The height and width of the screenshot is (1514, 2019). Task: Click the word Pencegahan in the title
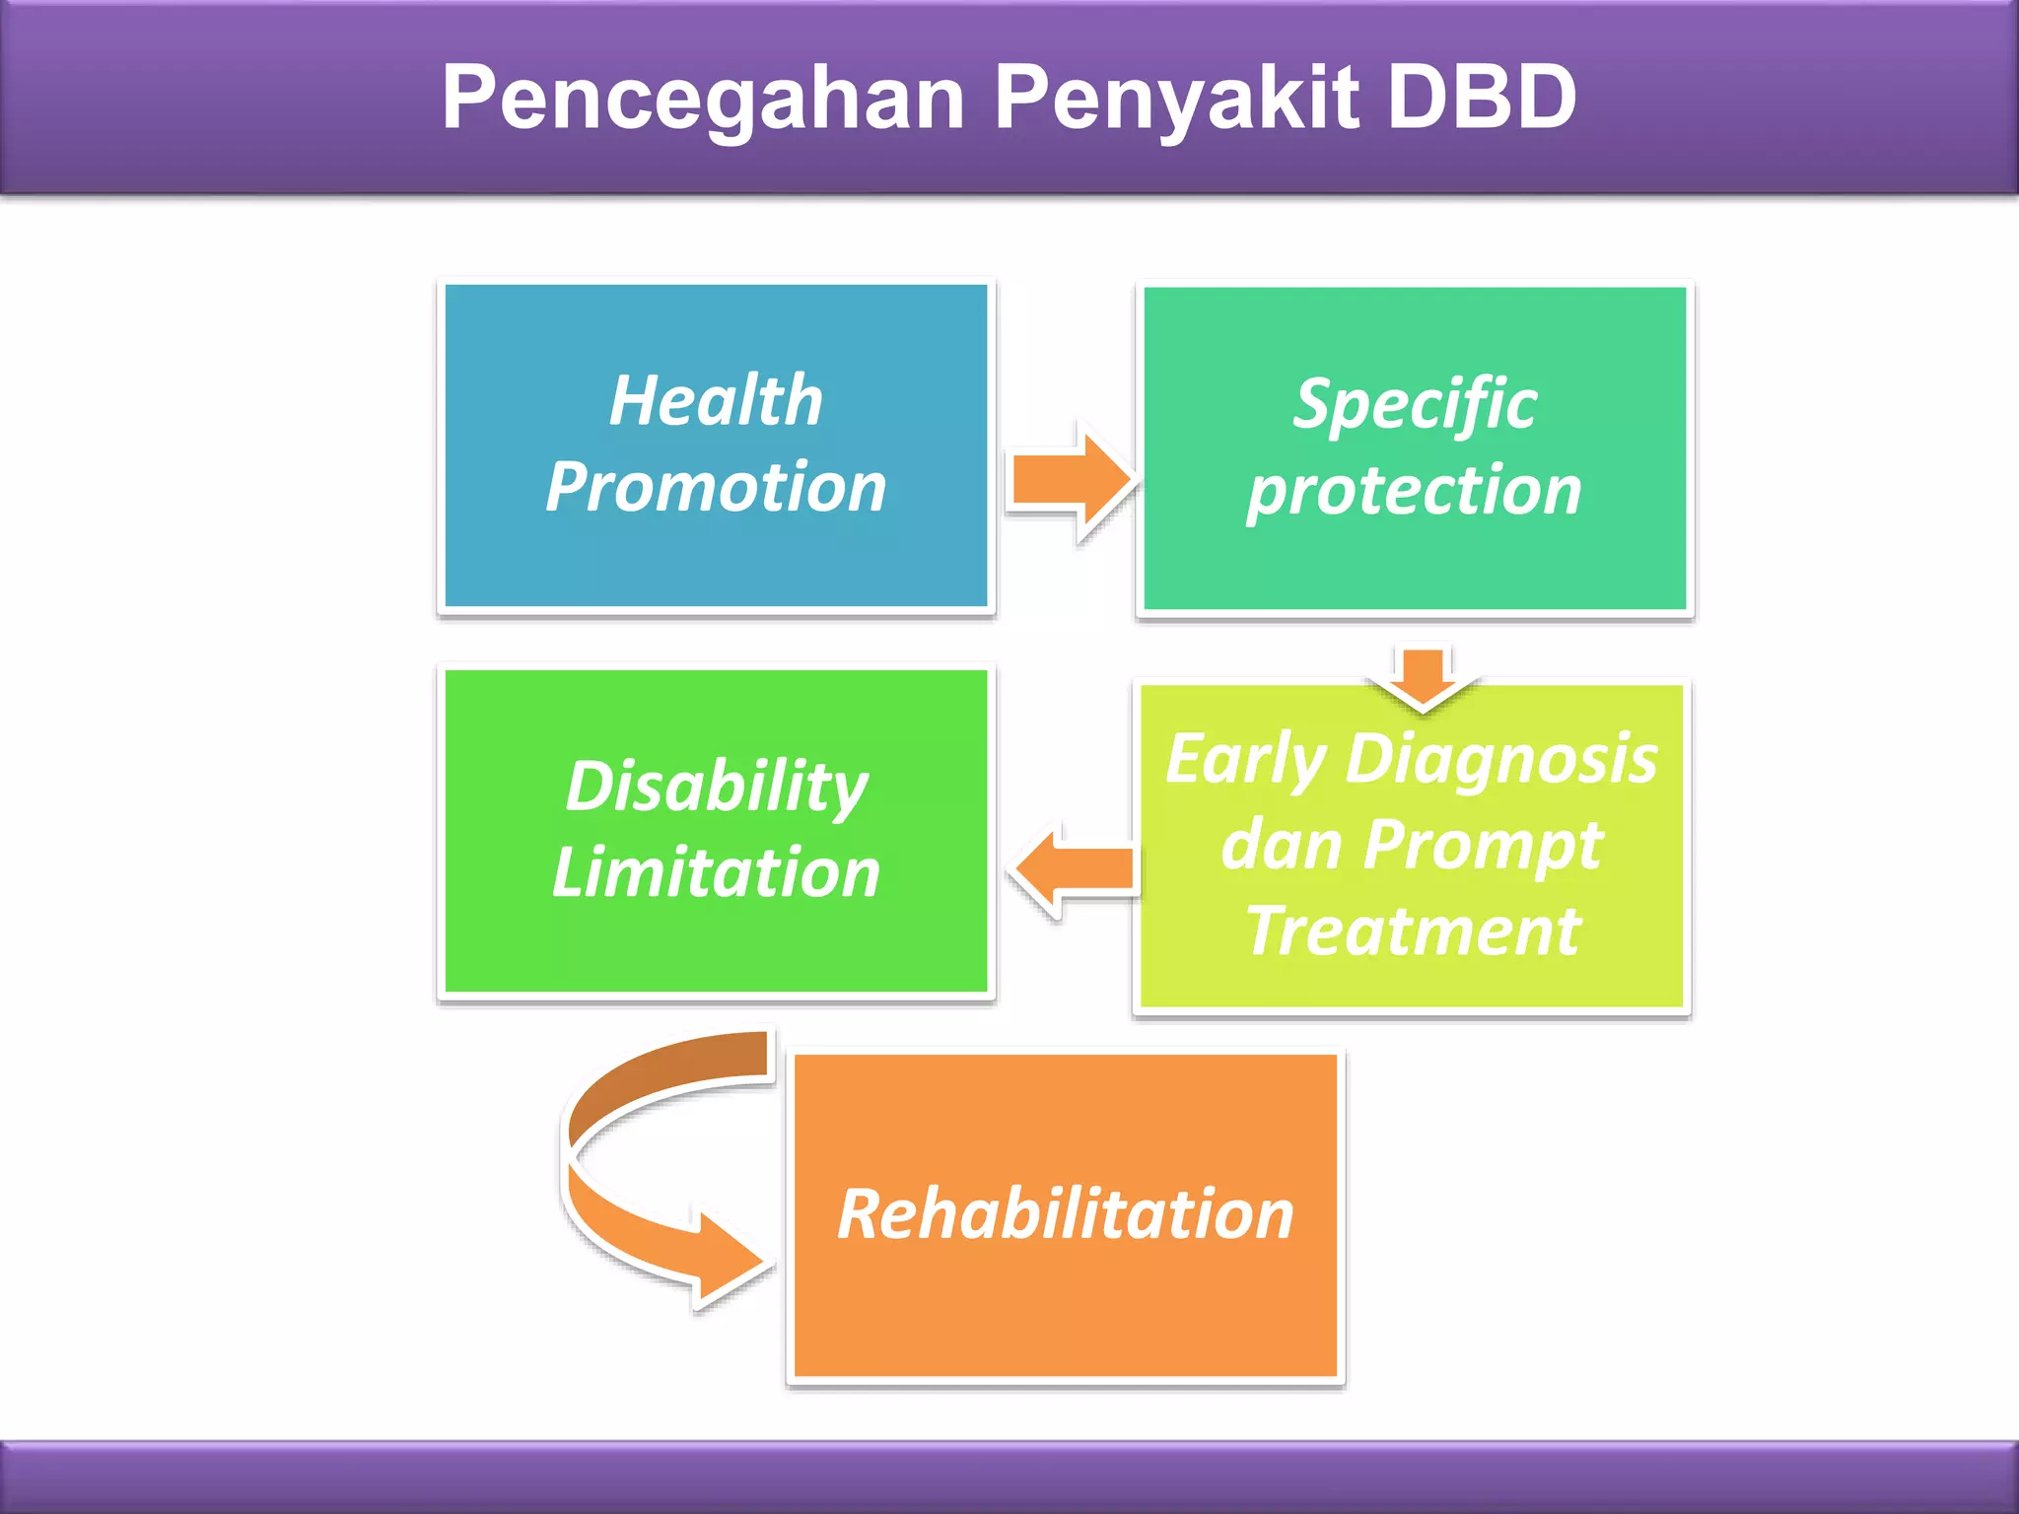coord(703,99)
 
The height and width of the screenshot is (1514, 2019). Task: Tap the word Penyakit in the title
coord(1177,99)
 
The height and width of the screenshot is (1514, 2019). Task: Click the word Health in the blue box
coord(716,401)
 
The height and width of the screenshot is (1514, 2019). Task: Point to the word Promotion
coord(716,487)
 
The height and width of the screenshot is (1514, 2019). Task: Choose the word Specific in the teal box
coord(1415,405)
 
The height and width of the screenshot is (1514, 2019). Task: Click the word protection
coord(1414,491)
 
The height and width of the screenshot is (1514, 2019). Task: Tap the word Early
coord(1244,760)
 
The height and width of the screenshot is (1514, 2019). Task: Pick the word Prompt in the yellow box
coord(1484,846)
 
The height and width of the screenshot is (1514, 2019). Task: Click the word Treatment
coord(1414,930)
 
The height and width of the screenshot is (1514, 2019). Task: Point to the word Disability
coord(716,787)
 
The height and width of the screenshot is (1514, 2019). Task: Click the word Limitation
coord(716,872)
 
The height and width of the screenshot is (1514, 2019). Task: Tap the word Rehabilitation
coord(1065,1214)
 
